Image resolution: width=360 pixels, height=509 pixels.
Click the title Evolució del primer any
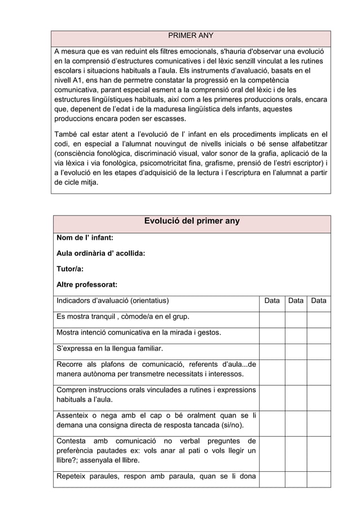click(192, 221)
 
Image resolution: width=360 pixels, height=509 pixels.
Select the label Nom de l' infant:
click(85, 238)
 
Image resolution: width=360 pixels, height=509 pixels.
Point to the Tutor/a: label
click(71, 269)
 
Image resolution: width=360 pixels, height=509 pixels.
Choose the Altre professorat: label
click(87, 285)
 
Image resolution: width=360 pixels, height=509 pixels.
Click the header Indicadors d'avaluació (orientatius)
click(112, 301)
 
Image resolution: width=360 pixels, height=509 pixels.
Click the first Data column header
click(272, 301)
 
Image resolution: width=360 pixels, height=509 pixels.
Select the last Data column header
click(319, 301)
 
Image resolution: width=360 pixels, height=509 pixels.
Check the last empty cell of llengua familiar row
click(319, 348)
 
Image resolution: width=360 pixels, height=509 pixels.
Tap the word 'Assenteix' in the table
click(74, 416)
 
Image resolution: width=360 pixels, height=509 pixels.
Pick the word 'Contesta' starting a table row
click(71, 441)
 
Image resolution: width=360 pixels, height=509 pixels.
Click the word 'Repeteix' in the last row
click(73, 476)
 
